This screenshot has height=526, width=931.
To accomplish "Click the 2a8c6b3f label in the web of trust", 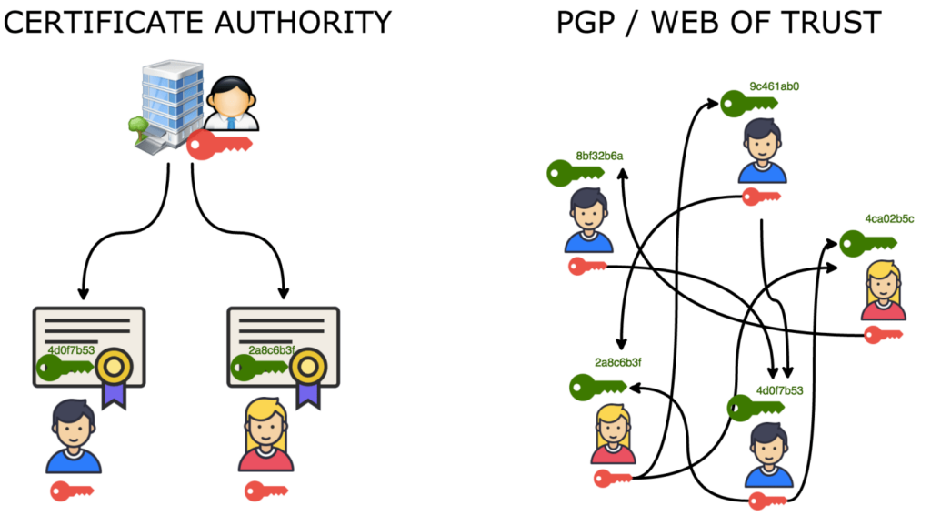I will [x=618, y=362].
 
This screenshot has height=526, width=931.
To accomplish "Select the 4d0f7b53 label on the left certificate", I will [x=70, y=349].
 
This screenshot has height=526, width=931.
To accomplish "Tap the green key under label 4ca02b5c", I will [x=866, y=244].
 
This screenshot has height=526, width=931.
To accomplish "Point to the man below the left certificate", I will [x=74, y=438].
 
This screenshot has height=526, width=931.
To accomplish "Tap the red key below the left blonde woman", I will [x=265, y=491].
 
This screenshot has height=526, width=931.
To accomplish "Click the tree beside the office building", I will [x=139, y=128].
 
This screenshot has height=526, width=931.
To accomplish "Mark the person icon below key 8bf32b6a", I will [x=589, y=220].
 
